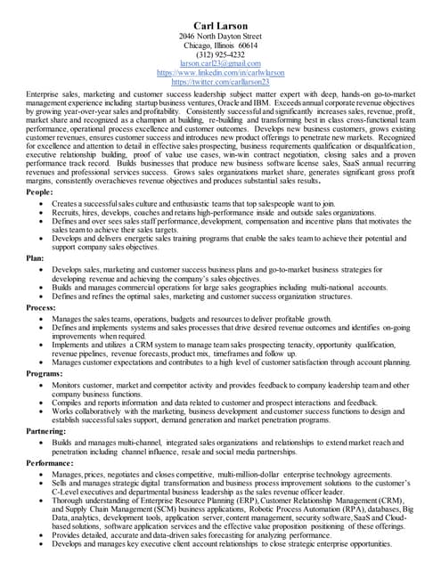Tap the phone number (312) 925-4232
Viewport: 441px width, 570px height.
[220, 54]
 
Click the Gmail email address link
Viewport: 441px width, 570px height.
[220, 63]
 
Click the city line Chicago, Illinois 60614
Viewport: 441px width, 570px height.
[220, 45]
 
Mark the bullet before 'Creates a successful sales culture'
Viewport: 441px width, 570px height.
[43, 204]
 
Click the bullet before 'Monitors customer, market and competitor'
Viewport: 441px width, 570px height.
[43, 384]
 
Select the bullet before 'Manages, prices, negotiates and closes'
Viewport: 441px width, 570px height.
[43, 476]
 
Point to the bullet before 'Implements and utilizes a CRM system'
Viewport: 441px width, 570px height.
[43, 344]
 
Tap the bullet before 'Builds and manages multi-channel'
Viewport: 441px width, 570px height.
[43, 442]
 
